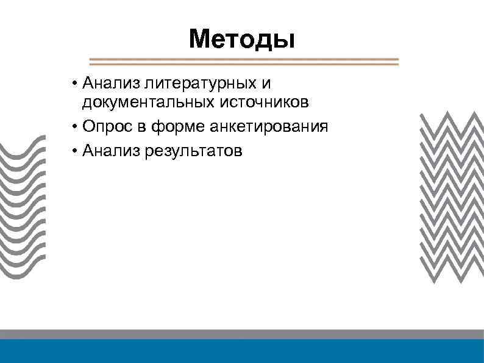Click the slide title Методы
click(242, 40)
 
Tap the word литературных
click(196, 82)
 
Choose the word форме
click(177, 127)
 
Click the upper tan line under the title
click(244, 60)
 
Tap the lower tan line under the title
click(244, 64)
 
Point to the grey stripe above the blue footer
click(242, 334)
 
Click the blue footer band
click(242, 351)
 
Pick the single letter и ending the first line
click(265, 82)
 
